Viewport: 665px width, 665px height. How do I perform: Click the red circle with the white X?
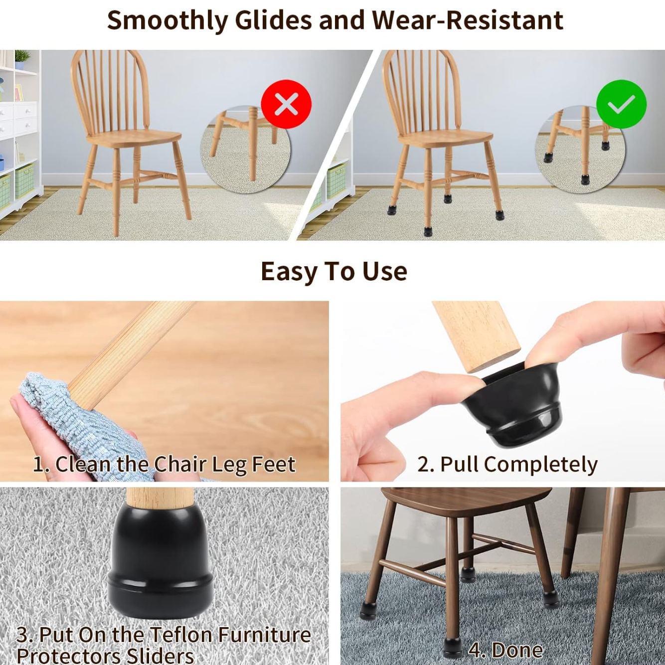pos(286,104)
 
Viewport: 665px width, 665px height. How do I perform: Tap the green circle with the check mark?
pos(621,104)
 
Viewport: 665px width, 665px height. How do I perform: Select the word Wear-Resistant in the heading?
pos(468,20)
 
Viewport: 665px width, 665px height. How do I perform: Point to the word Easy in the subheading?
pos(290,272)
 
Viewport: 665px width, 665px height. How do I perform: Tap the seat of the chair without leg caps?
pos(134,138)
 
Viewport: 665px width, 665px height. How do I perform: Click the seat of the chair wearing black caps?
pos(445,138)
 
